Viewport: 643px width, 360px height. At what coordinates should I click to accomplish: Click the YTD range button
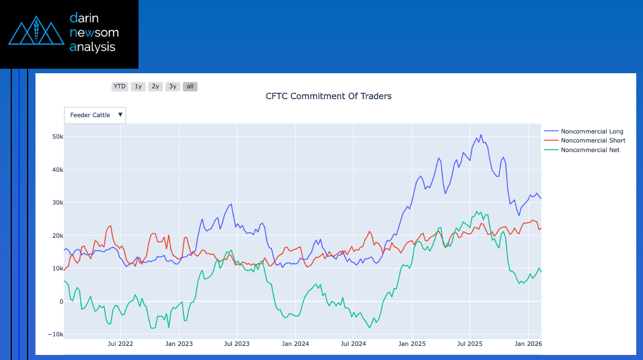pyautogui.click(x=119, y=86)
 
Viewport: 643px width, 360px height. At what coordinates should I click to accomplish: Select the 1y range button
pyautogui.click(x=138, y=86)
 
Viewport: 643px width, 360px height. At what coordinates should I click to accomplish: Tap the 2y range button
pyautogui.click(x=155, y=86)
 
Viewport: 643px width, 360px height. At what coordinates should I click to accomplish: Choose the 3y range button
pyautogui.click(x=173, y=86)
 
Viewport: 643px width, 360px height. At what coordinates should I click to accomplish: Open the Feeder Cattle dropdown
pyautogui.click(x=95, y=115)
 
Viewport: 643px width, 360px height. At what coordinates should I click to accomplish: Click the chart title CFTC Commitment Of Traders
pyautogui.click(x=328, y=96)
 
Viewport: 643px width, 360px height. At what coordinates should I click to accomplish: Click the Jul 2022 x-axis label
pyautogui.click(x=120, y=343)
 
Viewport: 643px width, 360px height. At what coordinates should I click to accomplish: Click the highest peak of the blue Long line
pyautogui.click(x=481, y=135)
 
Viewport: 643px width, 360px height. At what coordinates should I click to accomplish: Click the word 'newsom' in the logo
pyautogui.click(x=94, y=33)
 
